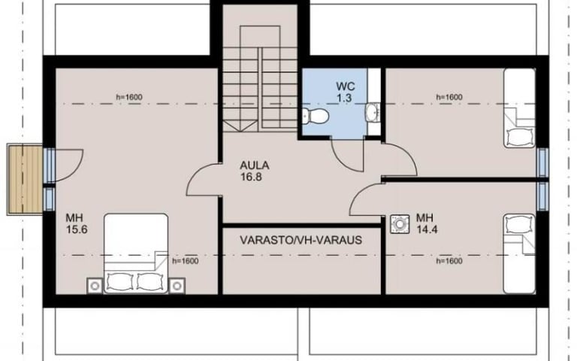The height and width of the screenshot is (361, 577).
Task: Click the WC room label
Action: (346, 86)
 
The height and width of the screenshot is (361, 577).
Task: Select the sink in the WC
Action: (373, 111)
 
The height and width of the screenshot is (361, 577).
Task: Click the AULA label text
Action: (255, 165)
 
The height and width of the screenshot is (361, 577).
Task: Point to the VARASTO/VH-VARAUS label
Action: (301, 240)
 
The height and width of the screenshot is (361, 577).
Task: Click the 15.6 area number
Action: (77, 229)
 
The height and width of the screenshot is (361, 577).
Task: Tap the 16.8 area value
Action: (251, 177)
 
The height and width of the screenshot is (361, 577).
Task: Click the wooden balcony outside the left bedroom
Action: (25, 180)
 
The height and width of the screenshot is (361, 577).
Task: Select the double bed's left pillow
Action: (119, 282)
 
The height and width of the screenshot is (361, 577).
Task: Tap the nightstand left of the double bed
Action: (95, 286)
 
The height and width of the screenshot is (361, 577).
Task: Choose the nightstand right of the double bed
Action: (177, 286)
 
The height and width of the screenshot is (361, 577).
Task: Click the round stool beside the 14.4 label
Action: (400, 224)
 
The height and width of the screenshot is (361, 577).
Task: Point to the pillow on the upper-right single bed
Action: (520, 137)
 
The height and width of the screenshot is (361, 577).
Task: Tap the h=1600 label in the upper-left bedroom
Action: (129, 97)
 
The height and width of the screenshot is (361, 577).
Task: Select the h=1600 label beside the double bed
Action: (186, 261)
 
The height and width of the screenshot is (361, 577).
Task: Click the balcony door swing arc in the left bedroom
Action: (75, 170)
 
